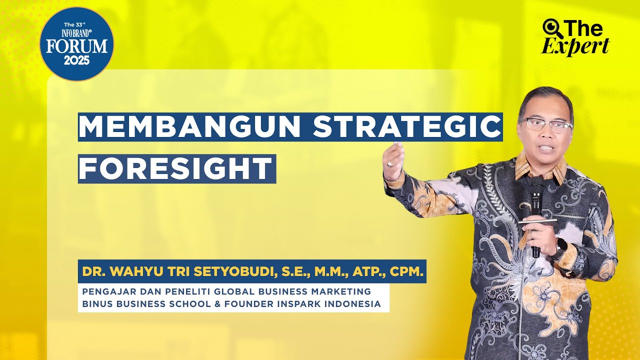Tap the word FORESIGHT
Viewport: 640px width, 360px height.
click(176, 169)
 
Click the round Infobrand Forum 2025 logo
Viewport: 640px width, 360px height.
click(76, 44)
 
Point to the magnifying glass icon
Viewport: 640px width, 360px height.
click(551, 27)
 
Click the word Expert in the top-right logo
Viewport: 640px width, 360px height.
click(575, 46)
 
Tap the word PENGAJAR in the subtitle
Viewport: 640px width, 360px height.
click(105, 291)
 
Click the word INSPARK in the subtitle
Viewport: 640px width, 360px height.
click(306, 303)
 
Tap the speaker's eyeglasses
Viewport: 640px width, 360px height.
click(546, 124)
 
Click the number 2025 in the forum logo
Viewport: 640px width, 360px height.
click(76, 61)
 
